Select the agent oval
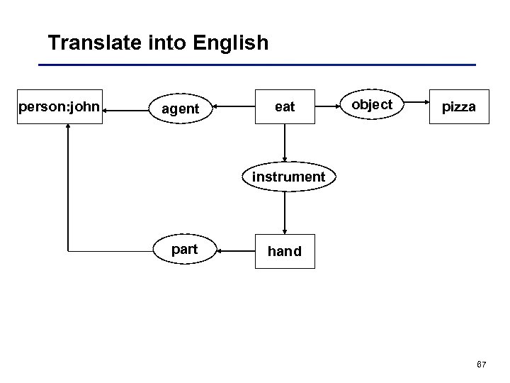[x=180, y=109]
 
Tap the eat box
[x=285, y=107]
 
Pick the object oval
[x=372, y=105]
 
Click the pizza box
[x=458, y=107]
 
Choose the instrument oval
[x=285, y=177]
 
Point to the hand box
[x=285, y=251]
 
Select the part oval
[x=184, y=250]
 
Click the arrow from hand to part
[x=234, y=250]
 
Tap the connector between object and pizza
[x=414, y=106]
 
